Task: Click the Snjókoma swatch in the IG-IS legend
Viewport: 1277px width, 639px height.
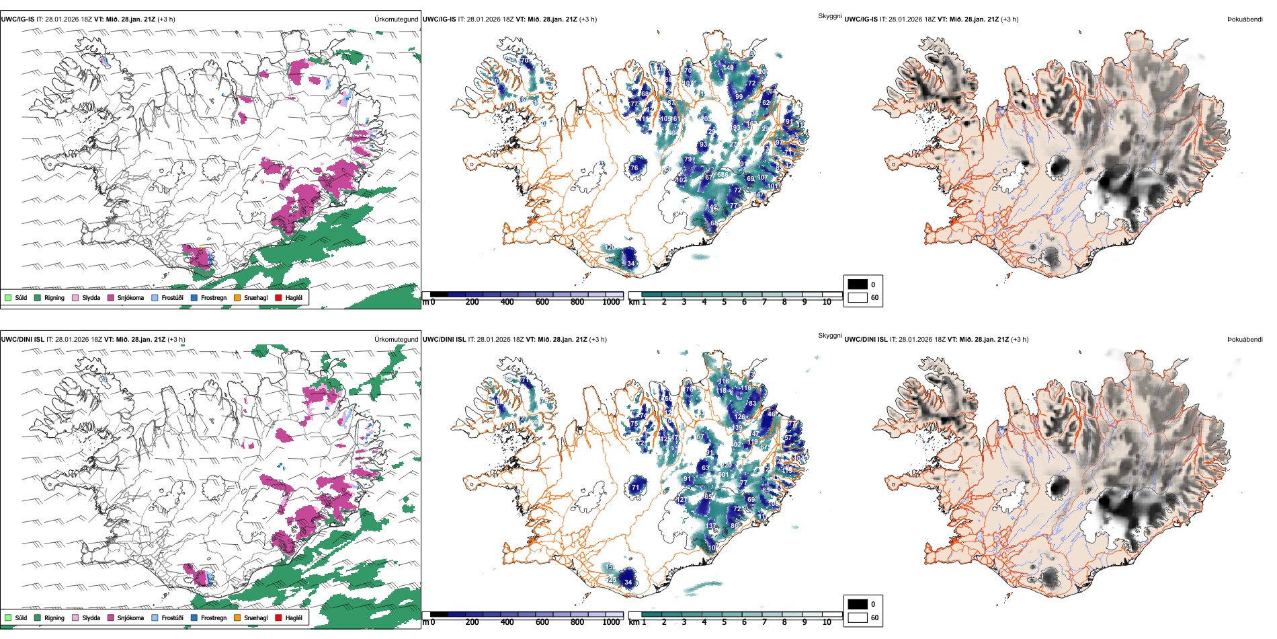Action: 111,297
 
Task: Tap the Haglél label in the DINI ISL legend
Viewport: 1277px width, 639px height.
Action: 294,617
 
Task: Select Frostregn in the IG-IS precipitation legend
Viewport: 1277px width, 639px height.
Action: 213,297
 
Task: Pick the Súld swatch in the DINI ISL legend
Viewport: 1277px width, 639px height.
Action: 8,617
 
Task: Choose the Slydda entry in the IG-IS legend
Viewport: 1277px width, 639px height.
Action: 91,297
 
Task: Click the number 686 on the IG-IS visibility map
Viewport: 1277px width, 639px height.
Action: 723,175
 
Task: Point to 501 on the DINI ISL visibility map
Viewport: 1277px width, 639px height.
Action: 723,475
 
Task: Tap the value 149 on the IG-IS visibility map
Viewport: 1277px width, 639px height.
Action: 729,68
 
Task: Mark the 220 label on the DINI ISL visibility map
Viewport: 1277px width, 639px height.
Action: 726,465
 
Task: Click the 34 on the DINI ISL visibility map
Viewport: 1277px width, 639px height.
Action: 628,582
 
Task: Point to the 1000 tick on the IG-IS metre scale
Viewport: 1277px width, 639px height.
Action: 611,302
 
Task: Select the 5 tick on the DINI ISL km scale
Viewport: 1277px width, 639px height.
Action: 724,622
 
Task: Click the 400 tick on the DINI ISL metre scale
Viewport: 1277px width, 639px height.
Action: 507,622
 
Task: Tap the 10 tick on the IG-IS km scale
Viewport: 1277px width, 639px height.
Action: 827,302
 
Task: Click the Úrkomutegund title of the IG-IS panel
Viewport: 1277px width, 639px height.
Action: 396,20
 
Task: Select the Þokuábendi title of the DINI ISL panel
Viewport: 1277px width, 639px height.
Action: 1245,340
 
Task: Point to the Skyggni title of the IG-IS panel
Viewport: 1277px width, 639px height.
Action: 829,15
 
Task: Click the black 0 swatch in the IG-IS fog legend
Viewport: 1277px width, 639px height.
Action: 858,285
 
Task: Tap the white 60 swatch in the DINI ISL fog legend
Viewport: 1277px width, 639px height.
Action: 858,617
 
